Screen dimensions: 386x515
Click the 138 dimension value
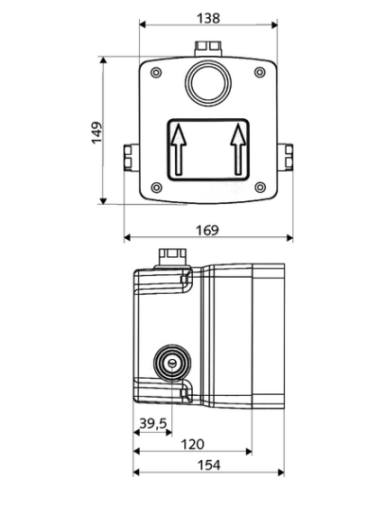pos(208,18)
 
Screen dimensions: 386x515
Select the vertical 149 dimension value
pos(96,133)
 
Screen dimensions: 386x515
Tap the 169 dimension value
pos(207,230)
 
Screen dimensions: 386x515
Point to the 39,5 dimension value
pos(153,423)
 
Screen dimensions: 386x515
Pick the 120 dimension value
pos(192,445)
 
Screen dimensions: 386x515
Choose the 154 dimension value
pos(209,465)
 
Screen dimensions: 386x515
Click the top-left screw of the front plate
pos(156,72)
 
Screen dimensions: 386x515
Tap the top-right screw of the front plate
pos(260,72)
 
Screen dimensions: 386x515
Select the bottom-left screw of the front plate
pos(156,188)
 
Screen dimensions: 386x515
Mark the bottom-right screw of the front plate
pos(260,188)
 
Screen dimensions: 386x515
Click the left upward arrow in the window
pos(179,149)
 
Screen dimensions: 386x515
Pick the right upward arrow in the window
pos(238,149)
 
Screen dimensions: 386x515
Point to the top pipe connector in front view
pos(208,49)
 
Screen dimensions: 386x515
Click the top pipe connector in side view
pos(173,257)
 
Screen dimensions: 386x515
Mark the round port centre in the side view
pos(172,363)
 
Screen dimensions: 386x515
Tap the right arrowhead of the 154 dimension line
pos(281,473)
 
